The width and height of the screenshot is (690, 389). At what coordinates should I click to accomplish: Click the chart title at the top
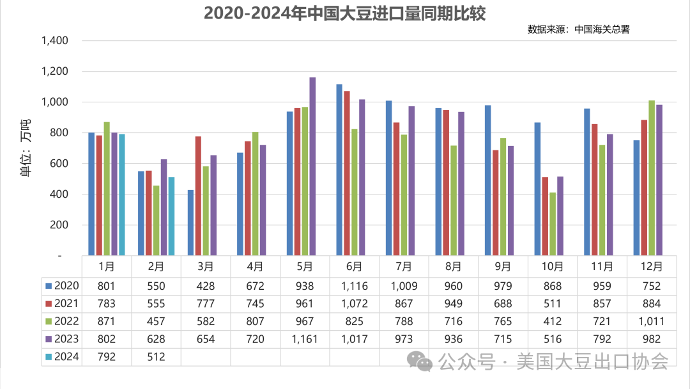tap(344, 13)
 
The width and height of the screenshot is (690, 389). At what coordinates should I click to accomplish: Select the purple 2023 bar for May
tap(312, 166)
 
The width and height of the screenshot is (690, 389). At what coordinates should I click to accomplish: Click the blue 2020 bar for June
tap(339, 170)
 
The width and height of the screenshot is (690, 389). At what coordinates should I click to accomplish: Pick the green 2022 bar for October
tap(553, 224)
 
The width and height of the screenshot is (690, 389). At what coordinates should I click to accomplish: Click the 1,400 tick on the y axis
tap(54, 41)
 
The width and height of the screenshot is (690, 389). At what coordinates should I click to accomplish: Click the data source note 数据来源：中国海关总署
tap(578, 29)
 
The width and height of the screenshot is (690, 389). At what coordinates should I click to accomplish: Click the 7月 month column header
tap(404, 266)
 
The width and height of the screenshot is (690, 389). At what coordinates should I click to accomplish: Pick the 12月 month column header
tap(652, 266)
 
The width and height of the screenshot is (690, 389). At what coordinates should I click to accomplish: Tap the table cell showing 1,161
tap(305, 339)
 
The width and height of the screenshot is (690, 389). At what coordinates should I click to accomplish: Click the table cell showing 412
tap(553, 321)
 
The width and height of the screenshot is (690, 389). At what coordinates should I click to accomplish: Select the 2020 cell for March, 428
tap(206, 285)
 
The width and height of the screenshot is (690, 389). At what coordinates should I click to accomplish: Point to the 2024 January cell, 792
tap(107, 357)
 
